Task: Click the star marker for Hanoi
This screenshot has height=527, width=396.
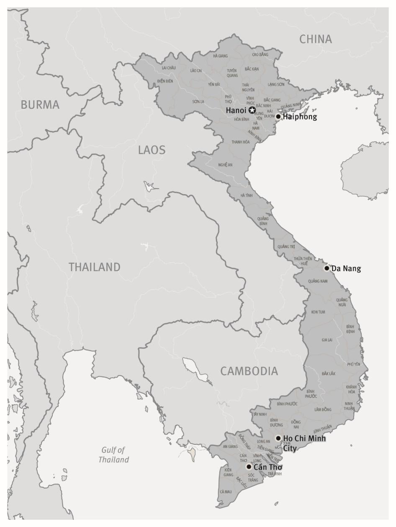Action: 252,110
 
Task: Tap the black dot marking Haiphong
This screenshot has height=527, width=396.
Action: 278,117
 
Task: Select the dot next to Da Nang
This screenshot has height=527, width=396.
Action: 327,268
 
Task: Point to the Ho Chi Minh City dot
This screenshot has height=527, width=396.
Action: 278,438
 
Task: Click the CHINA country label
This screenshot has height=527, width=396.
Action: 316,39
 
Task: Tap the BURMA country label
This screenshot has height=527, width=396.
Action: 40,105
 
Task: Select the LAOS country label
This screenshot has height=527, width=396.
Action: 152,150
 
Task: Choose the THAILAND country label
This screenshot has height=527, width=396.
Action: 95,267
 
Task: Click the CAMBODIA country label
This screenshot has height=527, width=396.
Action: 249,371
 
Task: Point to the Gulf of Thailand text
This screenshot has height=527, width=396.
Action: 113,455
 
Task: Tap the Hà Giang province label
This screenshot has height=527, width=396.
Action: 220,56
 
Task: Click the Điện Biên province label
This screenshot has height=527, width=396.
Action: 165,81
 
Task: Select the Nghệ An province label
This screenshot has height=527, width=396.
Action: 225,165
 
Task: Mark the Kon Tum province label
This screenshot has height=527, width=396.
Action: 318,312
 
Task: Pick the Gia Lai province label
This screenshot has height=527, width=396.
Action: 327,340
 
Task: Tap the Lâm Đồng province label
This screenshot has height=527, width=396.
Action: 323,410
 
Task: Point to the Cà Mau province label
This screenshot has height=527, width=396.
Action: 225,492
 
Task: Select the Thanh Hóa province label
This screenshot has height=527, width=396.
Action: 241,142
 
